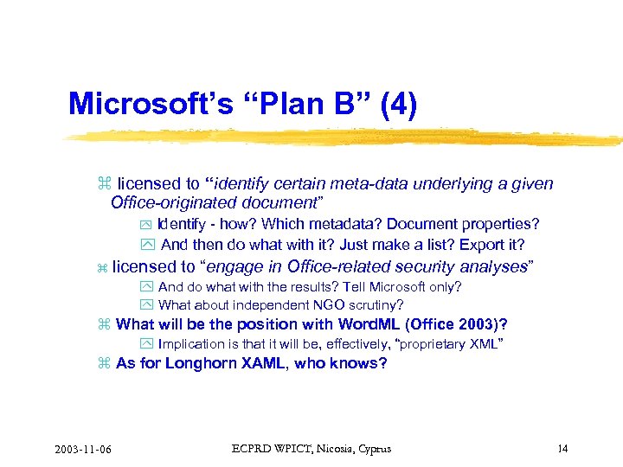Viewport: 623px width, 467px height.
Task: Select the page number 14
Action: click(x=562, y=448)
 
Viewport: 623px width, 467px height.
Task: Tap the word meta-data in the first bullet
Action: click(x=361, y=183)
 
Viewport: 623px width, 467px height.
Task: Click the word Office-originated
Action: click(x=170, y=202)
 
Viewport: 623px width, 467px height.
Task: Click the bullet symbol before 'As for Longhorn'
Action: click(x=104, y=364)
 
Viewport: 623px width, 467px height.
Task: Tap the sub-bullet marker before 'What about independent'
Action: click(x=145, y=305)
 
